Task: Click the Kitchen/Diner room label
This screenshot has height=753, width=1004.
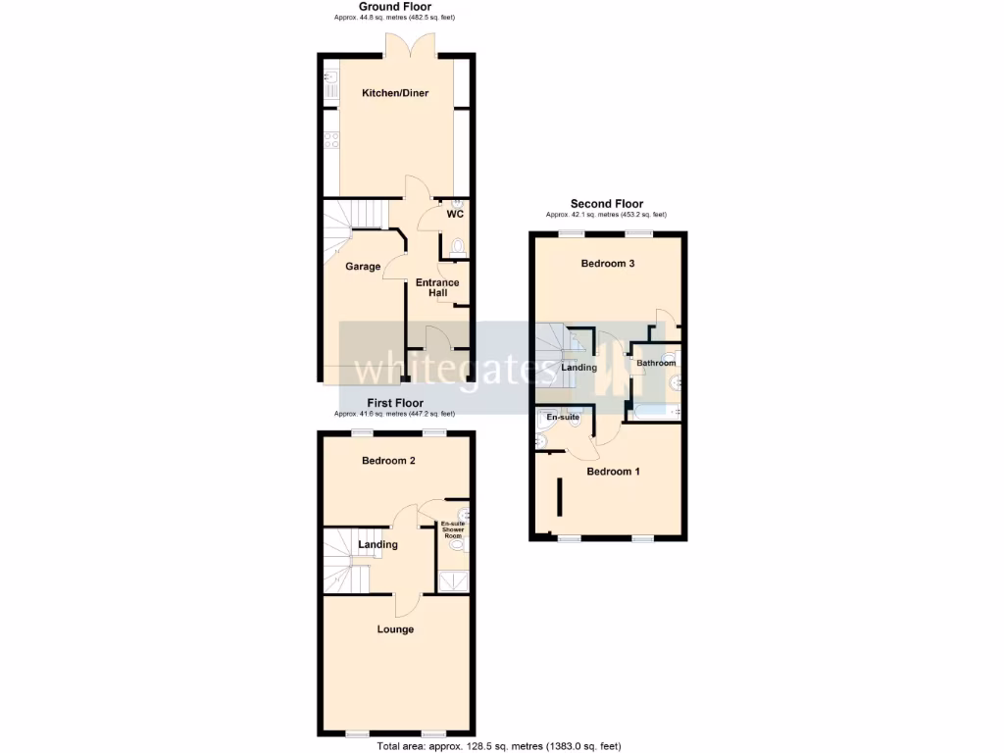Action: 395,93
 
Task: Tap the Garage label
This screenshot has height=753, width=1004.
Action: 362,266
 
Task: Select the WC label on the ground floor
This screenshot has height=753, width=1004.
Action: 455,214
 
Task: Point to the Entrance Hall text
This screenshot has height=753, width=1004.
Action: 437,288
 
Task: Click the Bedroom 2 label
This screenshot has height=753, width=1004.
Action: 389,461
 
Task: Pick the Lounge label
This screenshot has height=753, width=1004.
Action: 395,629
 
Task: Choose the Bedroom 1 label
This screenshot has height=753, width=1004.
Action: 613,472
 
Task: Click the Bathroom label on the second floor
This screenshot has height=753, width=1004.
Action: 656,364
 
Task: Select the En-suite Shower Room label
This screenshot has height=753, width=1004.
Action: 453,530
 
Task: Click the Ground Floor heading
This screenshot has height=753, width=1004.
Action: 394,7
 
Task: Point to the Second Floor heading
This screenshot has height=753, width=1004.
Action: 607,204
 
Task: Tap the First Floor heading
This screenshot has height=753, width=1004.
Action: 395,403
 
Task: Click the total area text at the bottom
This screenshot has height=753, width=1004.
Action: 498,746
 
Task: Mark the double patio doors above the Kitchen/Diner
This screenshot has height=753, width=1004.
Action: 410,46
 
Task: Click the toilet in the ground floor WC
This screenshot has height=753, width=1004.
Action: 457,246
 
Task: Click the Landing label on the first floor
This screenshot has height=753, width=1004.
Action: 377,545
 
